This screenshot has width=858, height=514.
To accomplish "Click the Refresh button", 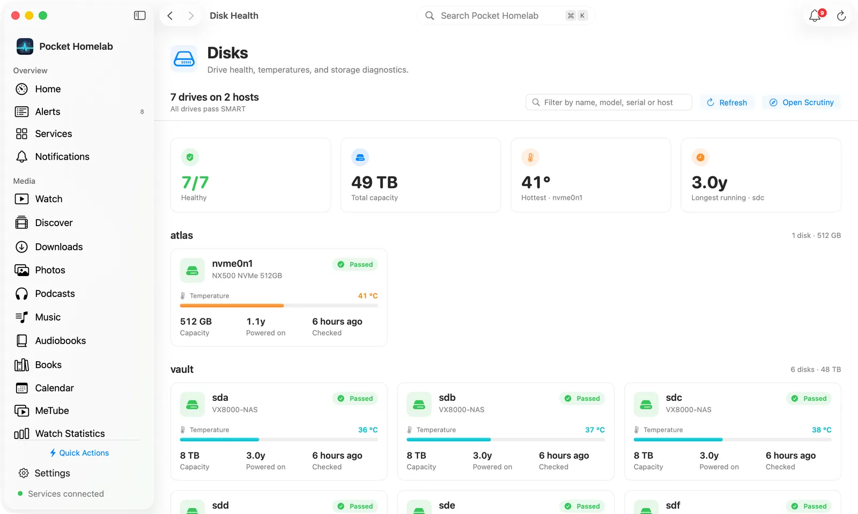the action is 727,102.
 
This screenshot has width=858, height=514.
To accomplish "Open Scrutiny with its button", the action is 802,102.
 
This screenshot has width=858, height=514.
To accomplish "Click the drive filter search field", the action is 609,102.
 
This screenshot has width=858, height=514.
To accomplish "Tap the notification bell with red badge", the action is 815,16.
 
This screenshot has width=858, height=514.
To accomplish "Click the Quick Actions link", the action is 79,453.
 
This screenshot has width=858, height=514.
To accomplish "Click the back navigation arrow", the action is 170,16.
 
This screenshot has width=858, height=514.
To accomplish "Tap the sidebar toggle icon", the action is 139,16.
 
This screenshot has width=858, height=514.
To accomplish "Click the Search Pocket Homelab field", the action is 506,16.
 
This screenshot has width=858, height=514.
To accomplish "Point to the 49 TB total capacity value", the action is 374,183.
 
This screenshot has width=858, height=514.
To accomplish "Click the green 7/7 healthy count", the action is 195,183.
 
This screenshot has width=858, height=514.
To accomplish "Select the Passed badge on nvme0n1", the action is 355,264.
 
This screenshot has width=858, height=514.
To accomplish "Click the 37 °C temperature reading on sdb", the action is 595,430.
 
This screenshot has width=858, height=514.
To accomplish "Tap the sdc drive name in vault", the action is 674,398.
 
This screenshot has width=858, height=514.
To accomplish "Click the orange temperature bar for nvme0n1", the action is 232,306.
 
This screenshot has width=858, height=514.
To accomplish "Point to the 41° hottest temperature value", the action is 536,183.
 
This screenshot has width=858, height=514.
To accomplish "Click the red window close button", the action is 16,16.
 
